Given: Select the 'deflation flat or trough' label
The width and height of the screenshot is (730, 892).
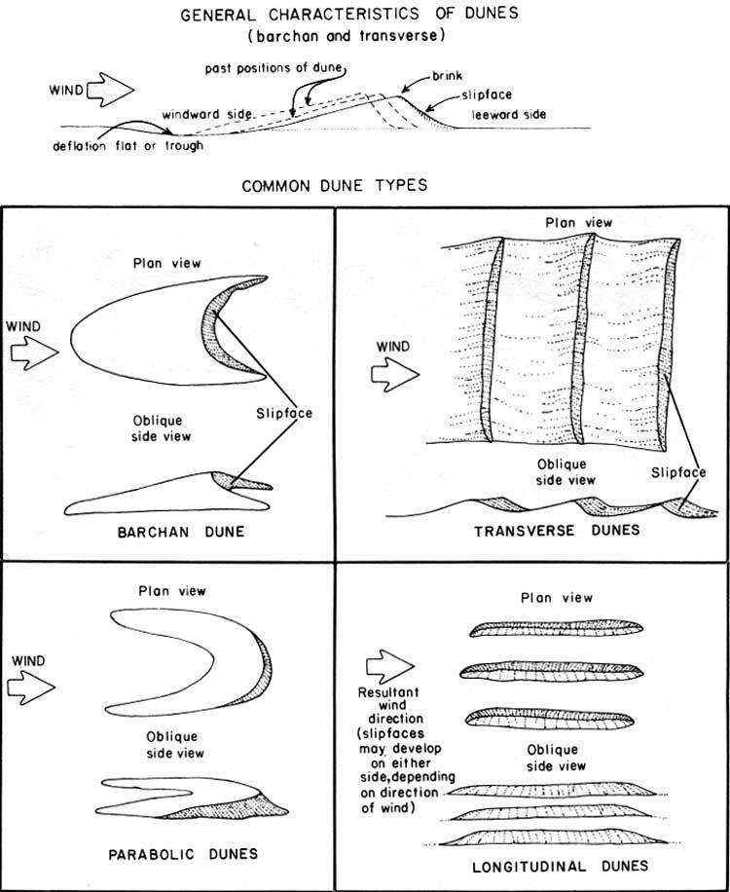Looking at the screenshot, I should (129, 147).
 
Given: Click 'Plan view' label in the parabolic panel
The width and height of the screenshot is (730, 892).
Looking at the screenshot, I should (172, 591).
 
